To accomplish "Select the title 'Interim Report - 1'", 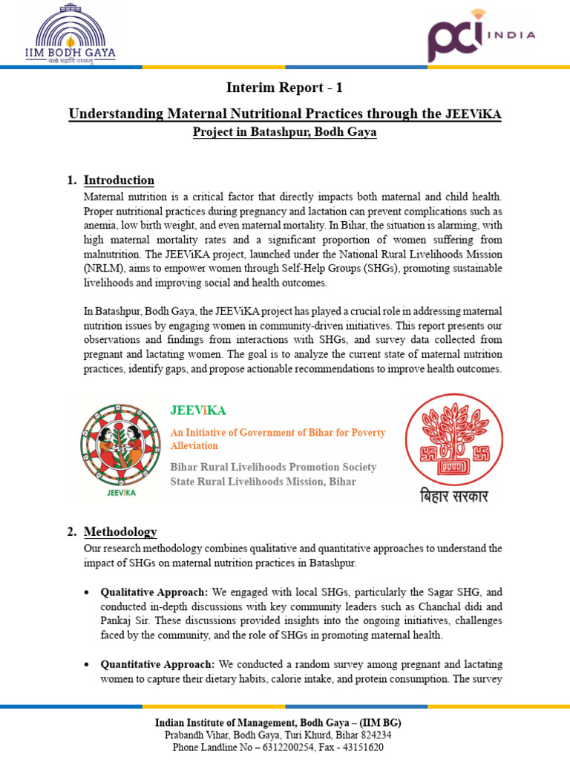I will (x=284, y=88).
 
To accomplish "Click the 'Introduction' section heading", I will (x=119, y=180).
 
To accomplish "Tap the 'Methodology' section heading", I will (x=120, y=532).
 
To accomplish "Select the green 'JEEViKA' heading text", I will (x=198, y=410).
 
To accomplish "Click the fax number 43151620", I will (x=361, y=747).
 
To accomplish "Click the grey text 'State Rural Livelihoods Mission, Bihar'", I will (x=263, y=482).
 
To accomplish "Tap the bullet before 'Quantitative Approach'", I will (x=88, y=664).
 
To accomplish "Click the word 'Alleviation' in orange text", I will (x=194, y=446).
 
